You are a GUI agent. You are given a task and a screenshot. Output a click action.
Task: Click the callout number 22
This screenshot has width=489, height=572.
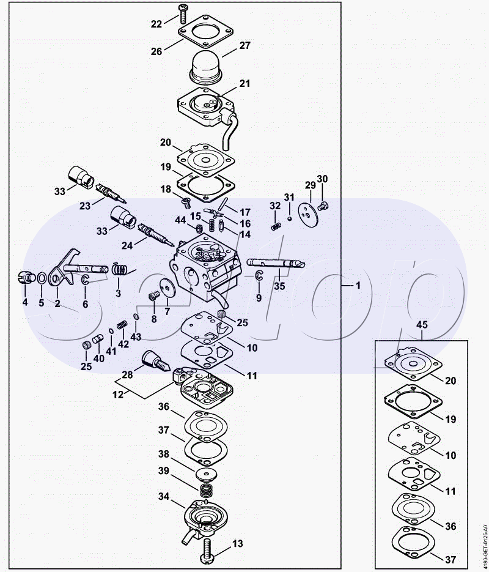click(x=156, y=24)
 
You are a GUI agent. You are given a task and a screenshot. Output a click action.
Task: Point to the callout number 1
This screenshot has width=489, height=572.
click(x=358, y=286)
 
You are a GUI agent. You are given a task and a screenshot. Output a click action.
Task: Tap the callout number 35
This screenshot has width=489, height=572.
click(x=279, y=285)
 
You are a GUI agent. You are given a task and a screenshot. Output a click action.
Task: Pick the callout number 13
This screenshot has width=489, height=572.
click(x=237, y=543)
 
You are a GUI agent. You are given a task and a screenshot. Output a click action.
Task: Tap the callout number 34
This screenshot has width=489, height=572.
click(x=163, y=497)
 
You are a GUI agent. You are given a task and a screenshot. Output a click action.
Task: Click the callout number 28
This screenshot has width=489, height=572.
click(x=127, y=374)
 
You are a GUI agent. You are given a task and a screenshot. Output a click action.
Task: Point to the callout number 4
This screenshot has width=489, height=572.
click(x=25, y=302)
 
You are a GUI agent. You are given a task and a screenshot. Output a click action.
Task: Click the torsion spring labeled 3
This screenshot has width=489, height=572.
click(x=120, y=269)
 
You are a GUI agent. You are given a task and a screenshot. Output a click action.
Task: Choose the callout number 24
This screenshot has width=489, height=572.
click(x=127, y=246)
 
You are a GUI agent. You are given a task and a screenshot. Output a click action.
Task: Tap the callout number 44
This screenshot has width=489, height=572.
click(x=180, y=220)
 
